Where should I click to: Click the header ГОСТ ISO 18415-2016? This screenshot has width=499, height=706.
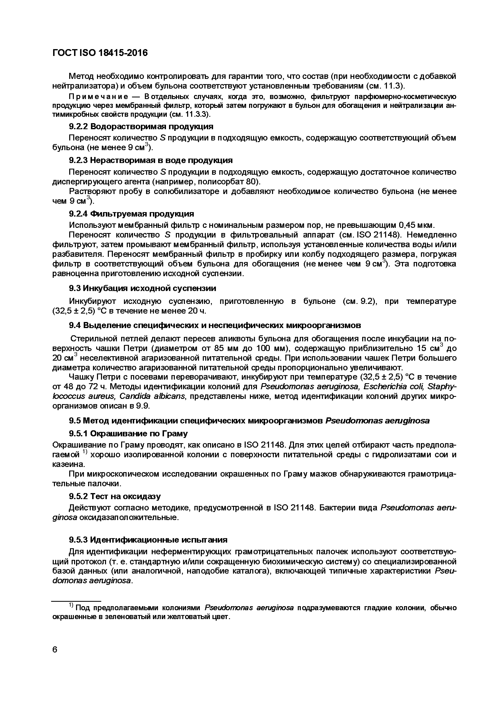coord(100,53)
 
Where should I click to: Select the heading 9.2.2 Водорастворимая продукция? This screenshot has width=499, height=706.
coord(141,126)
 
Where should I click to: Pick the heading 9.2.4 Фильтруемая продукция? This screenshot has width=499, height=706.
coord(131,214)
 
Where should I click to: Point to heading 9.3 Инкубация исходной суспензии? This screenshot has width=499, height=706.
coord(142,288)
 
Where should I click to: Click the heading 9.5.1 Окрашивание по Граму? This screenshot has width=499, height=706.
coord(128,434)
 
